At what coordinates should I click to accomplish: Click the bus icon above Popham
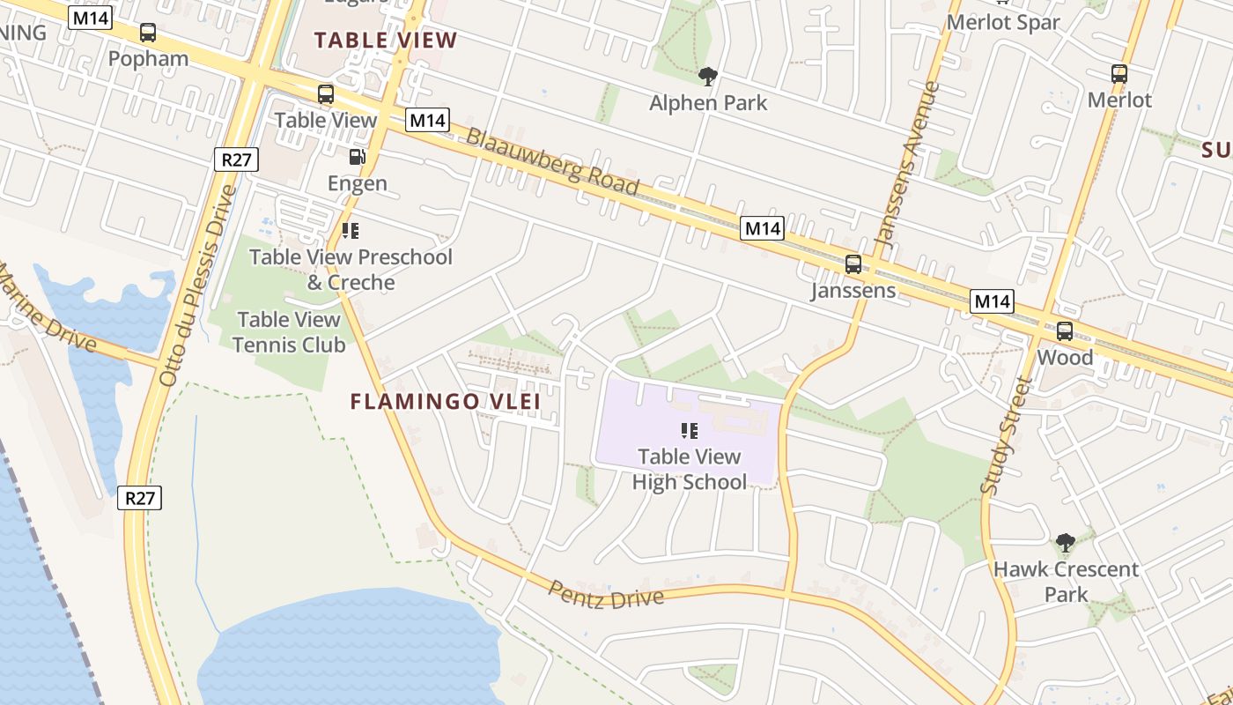click(x=148, y=33)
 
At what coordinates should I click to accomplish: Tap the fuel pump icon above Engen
click(x=357, y=157)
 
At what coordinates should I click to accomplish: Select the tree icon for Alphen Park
click(x=707, y=76)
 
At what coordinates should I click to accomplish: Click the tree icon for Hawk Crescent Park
click(x=1066, y=542)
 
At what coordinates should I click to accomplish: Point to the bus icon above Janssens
click(x=853, y=263)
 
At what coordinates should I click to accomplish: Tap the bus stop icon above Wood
click(x=1065, y=331)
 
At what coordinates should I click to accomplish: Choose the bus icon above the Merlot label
click(x=1119, y=74)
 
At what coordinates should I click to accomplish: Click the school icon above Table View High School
click(x=690, y=430)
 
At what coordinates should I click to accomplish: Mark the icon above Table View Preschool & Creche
click(x=351, y=231)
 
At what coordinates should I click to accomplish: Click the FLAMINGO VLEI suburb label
click(x=445, y=402)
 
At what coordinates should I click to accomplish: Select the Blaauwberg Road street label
click(x=552, y=161)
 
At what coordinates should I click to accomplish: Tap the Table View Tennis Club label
click(x=289, y=331)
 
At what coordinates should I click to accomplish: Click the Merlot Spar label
click(x=1003, y=22)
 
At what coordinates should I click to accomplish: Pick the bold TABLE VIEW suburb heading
click(x=386, y=40)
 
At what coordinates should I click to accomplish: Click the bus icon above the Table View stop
click(x=326, y=94)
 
